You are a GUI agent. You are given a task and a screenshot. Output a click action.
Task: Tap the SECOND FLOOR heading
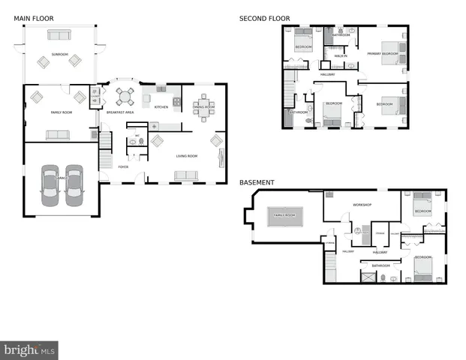tap(264, 19)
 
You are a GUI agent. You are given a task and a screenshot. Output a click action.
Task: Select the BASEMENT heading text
tap(257, 182)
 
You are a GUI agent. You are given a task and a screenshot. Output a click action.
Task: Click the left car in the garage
tap(49, 185)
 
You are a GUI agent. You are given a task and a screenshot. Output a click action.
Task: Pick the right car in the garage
tap(73, 185)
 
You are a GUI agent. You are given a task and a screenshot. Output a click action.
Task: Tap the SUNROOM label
tap(59, 55)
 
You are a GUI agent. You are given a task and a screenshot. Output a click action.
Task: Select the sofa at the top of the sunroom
tap(59, 34)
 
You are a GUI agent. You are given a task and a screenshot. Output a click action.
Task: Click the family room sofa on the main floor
tap(57, 135)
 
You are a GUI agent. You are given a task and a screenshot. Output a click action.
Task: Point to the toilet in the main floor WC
tap(134, 141)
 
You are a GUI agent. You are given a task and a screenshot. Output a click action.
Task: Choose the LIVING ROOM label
tap(186, 156)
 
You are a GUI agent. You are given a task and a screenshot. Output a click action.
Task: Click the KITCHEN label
tap(161, 107)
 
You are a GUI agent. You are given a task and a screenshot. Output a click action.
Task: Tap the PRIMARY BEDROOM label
tap(383, 54)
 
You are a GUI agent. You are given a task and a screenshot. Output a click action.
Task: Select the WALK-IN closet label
tap(340, 56)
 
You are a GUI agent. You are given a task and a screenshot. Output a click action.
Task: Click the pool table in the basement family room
tap(284, 215)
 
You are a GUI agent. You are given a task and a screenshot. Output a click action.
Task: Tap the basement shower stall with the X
tap(368, 276)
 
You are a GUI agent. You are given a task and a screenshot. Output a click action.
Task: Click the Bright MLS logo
tap(30, 350)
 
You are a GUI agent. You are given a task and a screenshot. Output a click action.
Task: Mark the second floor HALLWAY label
tap(328, 74)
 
